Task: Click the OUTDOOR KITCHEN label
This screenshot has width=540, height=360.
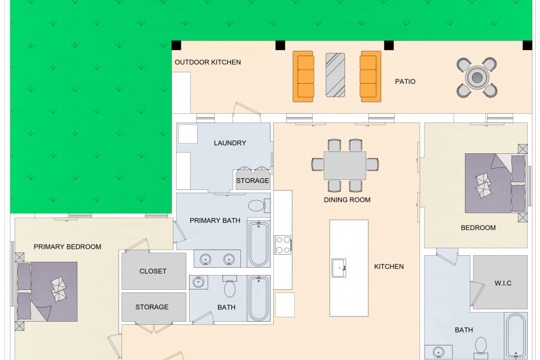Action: click(x=208, y=62)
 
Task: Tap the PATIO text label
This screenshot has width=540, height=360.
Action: click(x=405, y=81)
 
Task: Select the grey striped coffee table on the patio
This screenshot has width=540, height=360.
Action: click(x=335, y=74)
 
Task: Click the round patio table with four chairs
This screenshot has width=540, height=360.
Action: click(x=477, y=77)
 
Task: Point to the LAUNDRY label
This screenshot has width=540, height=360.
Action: click(x=230, y=143)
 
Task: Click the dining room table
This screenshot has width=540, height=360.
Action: click(x=345, y=165)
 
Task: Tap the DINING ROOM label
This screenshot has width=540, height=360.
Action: click(x=347, y=200)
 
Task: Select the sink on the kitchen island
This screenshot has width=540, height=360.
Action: click(x=339, y=268)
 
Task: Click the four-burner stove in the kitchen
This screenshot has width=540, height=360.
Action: click(x=283, y=244)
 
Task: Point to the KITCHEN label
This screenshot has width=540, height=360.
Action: click(x=389, y=267)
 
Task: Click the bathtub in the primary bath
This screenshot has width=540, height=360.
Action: click(x=258, y=244)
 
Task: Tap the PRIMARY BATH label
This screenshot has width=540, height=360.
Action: click(x=215, y=220)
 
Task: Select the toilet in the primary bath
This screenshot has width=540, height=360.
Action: click(x=258, y=206)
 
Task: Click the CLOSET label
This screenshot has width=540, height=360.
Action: click(x=153, y=271)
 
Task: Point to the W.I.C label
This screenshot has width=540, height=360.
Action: click(x=503, y=283)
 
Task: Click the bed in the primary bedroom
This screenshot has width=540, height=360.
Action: click(x=46, y=291)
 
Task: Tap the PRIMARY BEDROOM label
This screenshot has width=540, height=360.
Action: click(x=67, y=247)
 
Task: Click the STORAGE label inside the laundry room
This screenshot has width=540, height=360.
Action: click(x=252, y=180)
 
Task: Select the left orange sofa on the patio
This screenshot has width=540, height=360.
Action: click(x=303, y=77)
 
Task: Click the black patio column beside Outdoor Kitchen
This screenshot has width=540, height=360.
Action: click(x=177, y=45)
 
